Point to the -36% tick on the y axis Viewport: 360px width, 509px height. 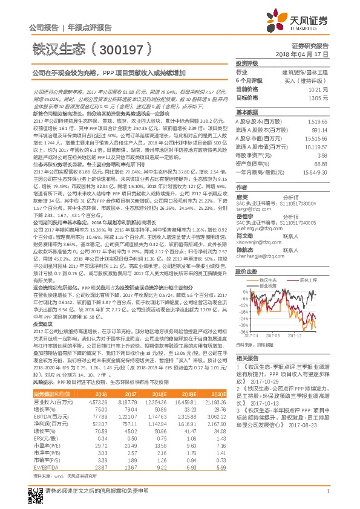(241, 331)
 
